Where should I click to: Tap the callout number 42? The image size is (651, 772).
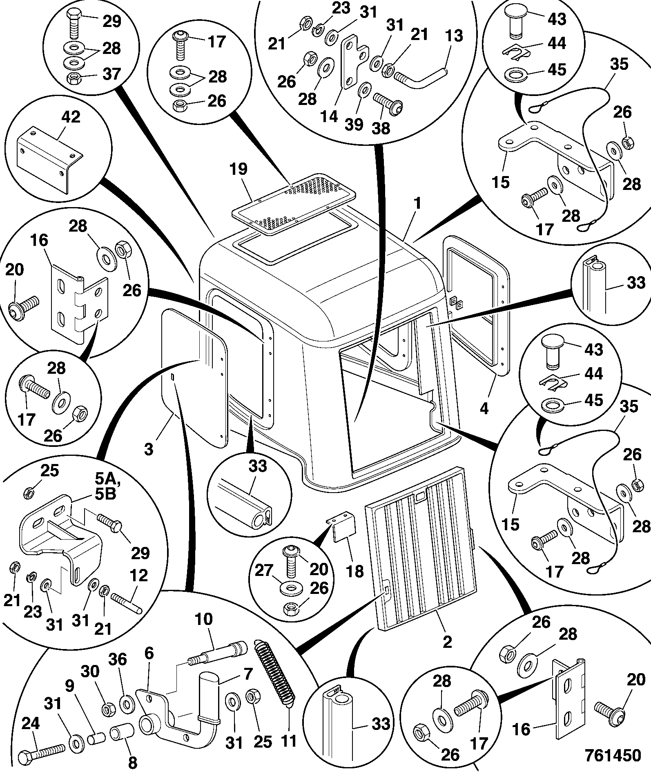[71, 118]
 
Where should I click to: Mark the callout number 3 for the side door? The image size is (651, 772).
[149, 449]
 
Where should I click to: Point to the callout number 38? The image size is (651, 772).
[381, 129]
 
